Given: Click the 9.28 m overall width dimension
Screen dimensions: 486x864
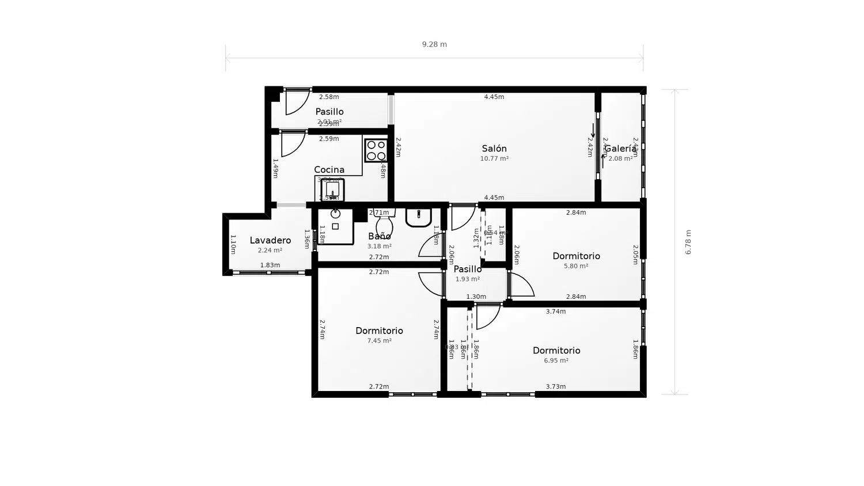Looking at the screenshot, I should click(x=434, y=44).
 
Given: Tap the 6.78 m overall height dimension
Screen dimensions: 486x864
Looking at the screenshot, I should click(x=688, y=242).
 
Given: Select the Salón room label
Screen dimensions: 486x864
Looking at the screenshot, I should click(x=494, y=149).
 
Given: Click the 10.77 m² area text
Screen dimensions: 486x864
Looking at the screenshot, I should click(x=494, y=158).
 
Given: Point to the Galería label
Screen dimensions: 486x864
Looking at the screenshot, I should click(x=620, y=149).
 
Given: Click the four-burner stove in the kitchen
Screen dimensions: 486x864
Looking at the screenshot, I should click(x=376, y=150).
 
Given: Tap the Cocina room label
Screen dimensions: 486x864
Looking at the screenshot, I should click(x=329, y=169).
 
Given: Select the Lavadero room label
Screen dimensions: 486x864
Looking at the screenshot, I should click(x=270, y=240).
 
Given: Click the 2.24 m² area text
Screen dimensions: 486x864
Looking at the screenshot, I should click(x=270, y=250).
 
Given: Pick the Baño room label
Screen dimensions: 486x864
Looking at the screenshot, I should click(x=380, y=236).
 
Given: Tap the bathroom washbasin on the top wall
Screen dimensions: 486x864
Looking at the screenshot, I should click(x=419, y=217).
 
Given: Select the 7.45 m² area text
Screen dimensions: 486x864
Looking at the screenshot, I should click(x=380, y=341).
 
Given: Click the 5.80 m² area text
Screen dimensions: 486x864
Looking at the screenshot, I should click(x=576, y=266).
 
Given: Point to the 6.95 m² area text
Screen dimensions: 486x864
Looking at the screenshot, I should click(x=556, y=360).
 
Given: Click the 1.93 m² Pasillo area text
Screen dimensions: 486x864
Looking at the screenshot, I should click(x=468, y=279).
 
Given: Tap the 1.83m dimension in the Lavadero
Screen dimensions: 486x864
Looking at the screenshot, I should click(x=270, y=265).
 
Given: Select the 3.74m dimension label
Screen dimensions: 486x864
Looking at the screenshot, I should click(x=556, y=312).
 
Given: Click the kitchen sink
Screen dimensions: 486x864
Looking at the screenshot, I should click(x=332, y=189).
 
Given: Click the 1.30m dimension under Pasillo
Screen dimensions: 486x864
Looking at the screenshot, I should click(x=476, y=297).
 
